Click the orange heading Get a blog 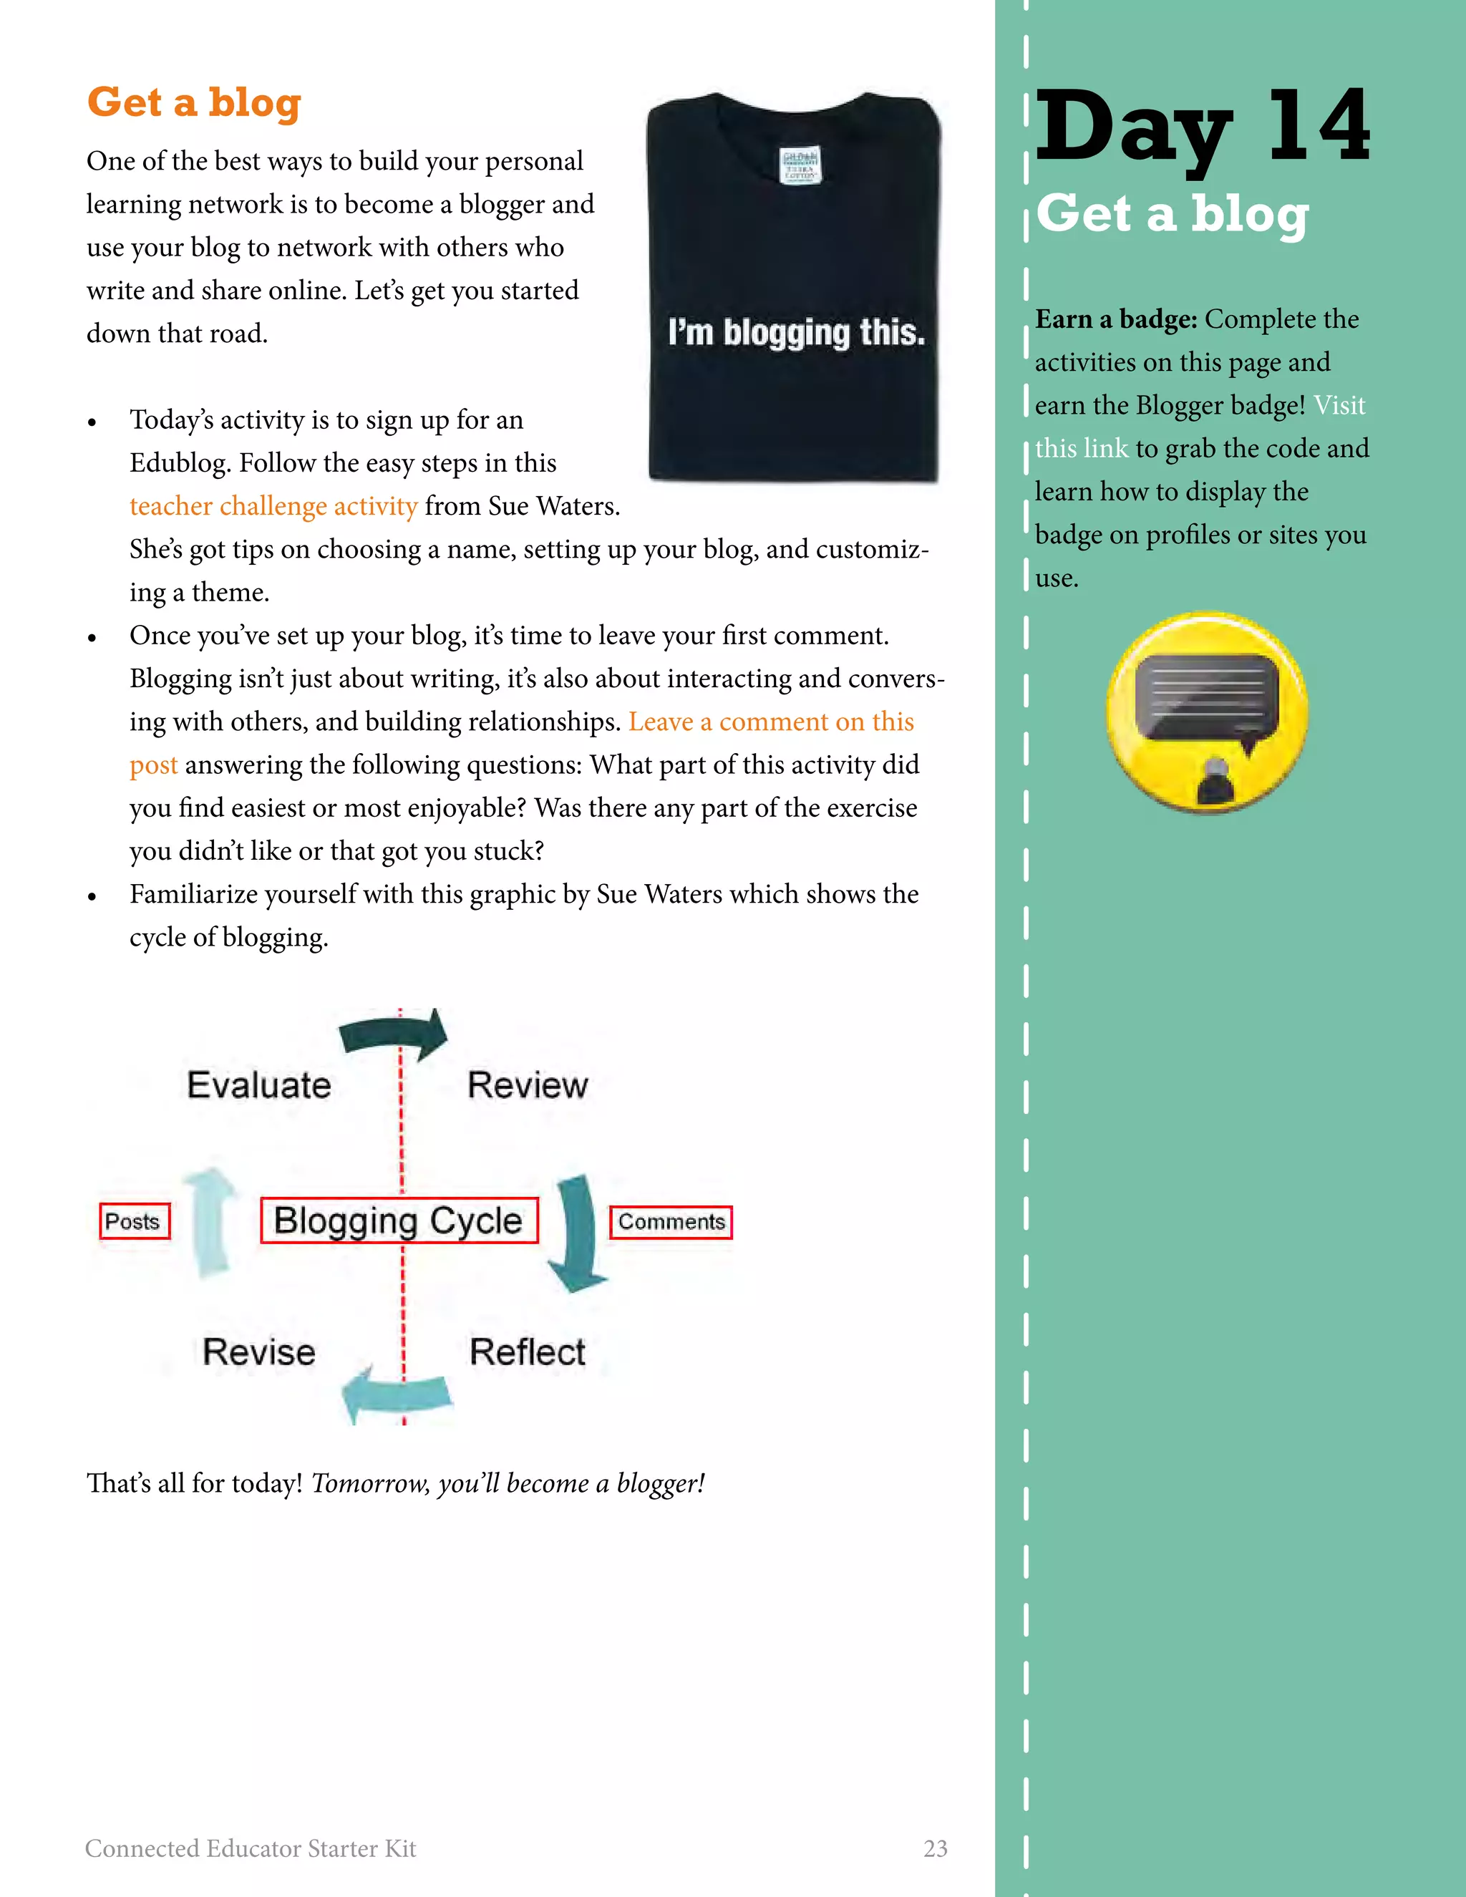click(x=194, y=102)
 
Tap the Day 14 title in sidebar click(x=1202, y=127)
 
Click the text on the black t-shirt click(x=795, y=333)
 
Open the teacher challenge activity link click(x=273, y=506)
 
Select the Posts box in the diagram click(x=134, y=1221)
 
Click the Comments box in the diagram click(x=671, y=1222)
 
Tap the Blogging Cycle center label click(x=399, y=1221)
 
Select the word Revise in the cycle click(x=259, y=1352)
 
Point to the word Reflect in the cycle click(x=527, y=1352)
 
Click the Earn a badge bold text click(x=1116, y=320)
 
